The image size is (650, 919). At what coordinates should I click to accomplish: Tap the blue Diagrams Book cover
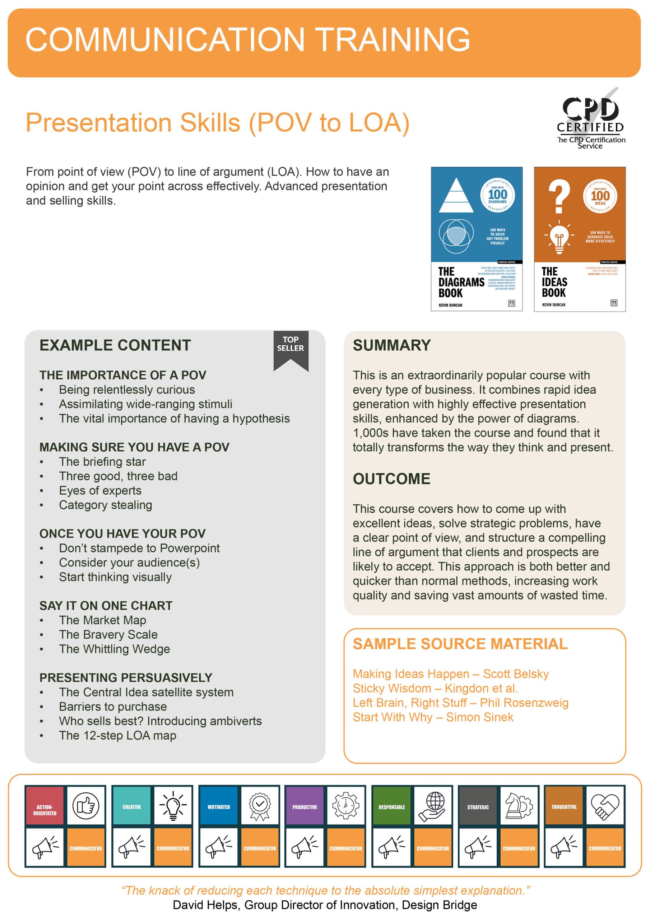(477, 239)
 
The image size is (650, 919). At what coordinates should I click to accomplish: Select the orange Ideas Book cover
(580, 239)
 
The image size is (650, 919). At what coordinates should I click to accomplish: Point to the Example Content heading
(115, 345)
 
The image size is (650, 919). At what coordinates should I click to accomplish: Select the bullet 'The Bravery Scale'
(108, 634)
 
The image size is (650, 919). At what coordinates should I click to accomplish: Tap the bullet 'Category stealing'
(105, 505)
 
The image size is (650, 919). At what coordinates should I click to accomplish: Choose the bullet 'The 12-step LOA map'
(117, 735)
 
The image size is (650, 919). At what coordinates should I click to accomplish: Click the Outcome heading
(391, 479)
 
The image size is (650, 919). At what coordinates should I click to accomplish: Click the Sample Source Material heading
(460, 644)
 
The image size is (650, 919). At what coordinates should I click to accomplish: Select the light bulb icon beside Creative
(173, 805)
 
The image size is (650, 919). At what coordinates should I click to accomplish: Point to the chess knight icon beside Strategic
(519, 805)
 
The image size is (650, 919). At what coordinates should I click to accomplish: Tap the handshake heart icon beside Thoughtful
(605, 805)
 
